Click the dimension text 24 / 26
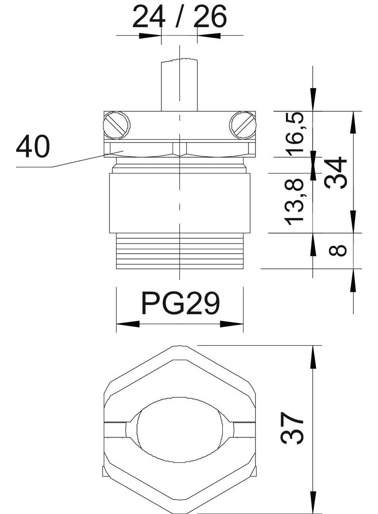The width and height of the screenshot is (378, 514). pyautogui.click(x=179, y=17)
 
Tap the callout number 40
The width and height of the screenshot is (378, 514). pyautogui.click(x=33, y=147)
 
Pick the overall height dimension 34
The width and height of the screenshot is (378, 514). pyautogui.click(x=336, y=173)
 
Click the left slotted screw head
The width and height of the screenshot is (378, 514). pyautogui.click(x=116, y=125)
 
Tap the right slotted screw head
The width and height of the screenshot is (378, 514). pyautogui.click(x=243, y=125)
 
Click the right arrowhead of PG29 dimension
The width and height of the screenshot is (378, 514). pyautogui.click(x=232, y=324)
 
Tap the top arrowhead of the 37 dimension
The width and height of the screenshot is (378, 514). pyautogui.click(x=314, y=356)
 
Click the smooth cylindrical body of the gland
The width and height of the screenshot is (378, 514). pyautogui.click(x=179, y=203)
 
